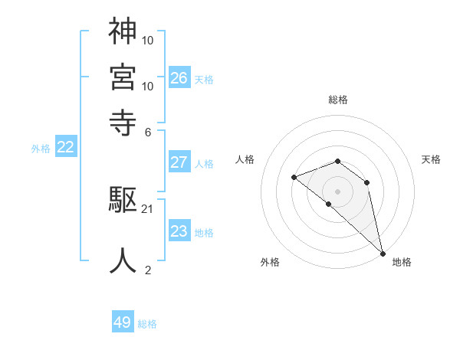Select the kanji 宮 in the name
coord(123,77)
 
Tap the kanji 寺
coord(123,121)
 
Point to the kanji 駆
coord(123,201)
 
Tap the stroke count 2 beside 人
coord(148,270)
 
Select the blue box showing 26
coord(179,77)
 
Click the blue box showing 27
coord(179,162)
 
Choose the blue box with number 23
coord(179,231)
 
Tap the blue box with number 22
coord(65,147)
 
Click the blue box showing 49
coord(123,322)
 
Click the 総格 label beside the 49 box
coord(148,324)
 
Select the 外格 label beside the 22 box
coord(41,149)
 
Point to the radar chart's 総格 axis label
coord(338,100)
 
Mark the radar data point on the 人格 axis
coord(294,178)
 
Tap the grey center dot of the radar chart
coord(338,191)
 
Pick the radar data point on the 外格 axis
coord(329,204)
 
